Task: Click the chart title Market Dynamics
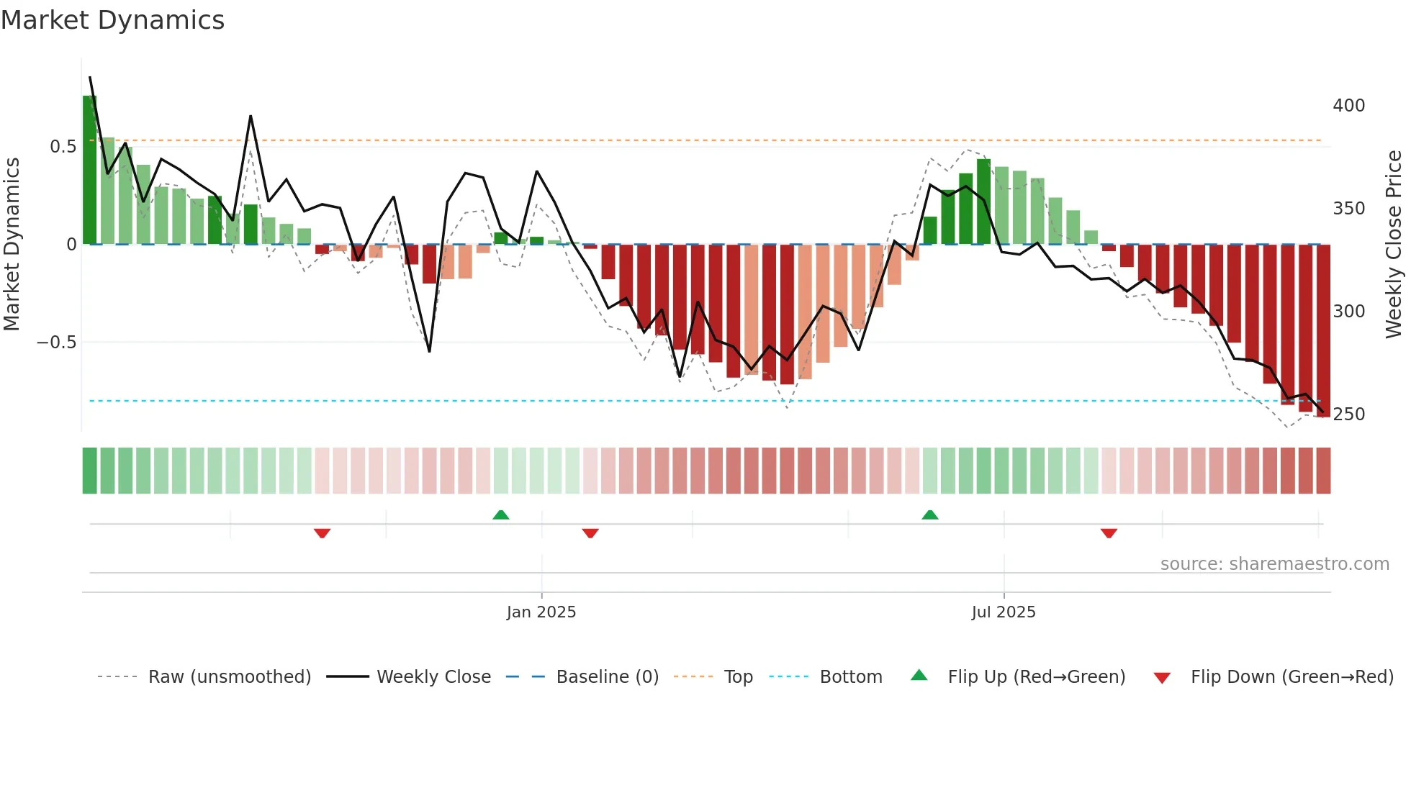point(113,20)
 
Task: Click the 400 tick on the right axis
point(1348,106)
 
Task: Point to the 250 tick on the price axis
point(1348,414)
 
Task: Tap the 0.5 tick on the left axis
point(63,147)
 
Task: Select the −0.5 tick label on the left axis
point(57,343)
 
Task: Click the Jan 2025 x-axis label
point(541,612)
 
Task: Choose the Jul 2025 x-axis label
point(1003,612)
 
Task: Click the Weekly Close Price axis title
point(1394,245)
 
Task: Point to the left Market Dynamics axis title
point(12,245)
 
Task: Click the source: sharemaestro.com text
point(1274,564)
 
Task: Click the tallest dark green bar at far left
point(89,170)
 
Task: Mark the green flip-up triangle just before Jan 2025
point(501,515)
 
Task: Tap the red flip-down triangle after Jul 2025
point(1109,533)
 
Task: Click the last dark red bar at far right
point(1323,331)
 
